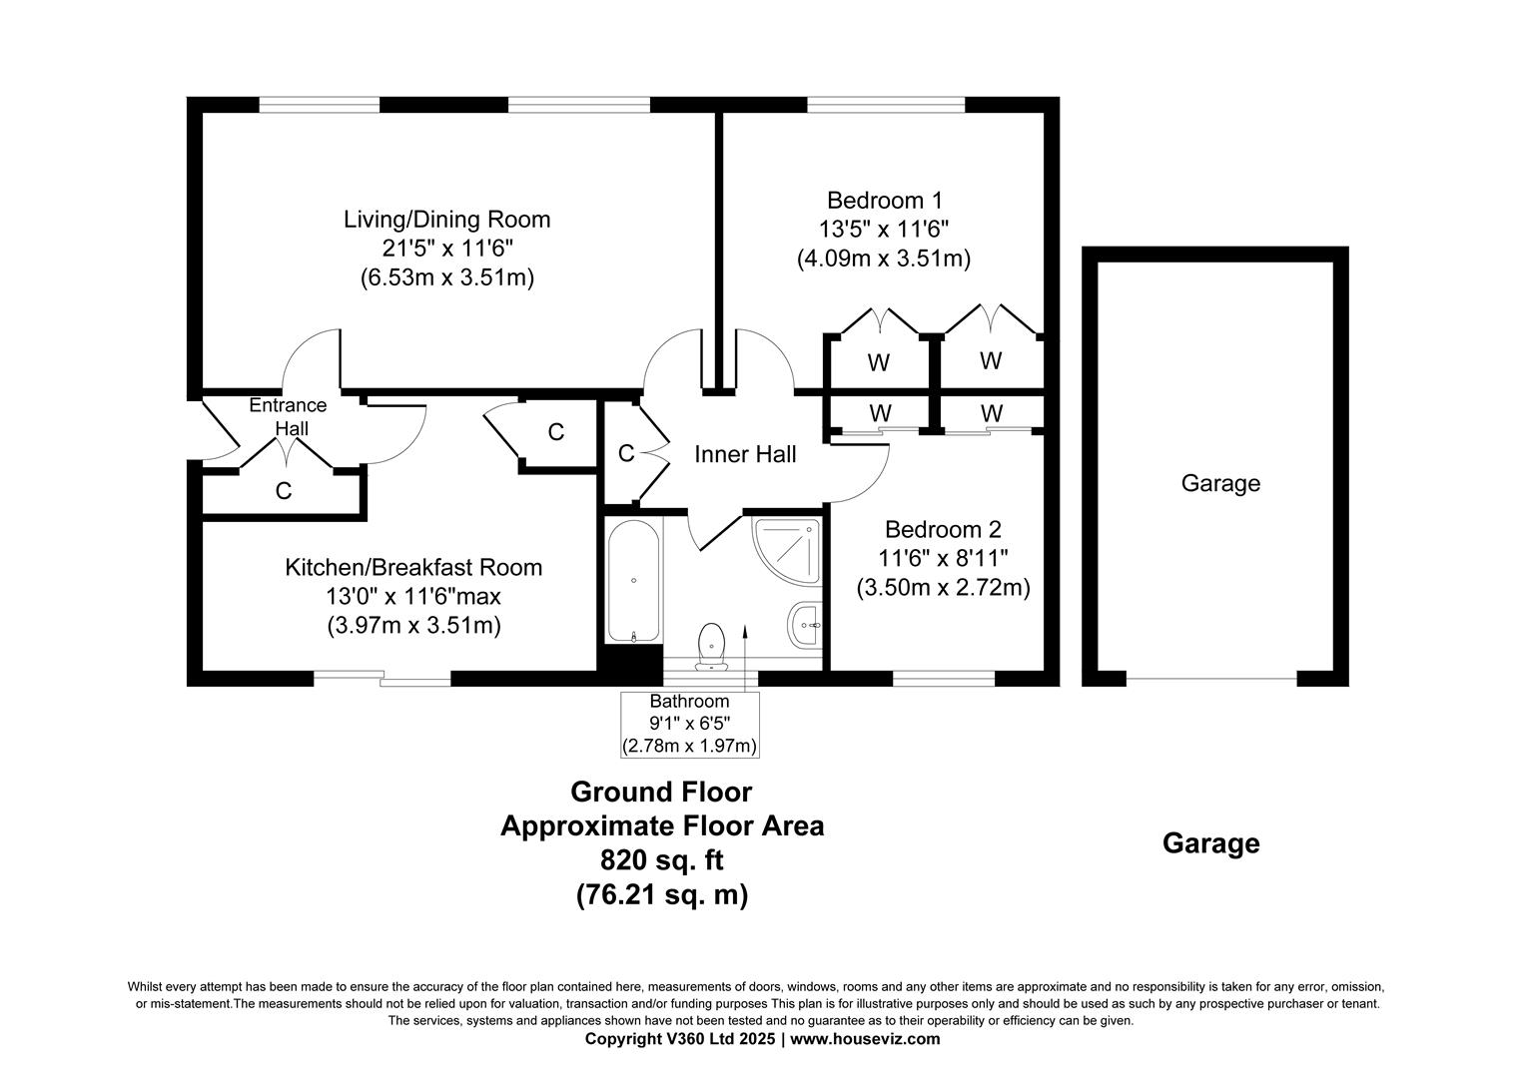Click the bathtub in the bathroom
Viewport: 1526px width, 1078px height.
633,581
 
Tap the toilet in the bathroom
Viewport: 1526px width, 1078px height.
712,646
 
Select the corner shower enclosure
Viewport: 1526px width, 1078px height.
787,550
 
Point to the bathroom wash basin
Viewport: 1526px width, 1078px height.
805,625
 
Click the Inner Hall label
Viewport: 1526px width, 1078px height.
745,454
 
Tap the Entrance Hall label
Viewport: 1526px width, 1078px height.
289,416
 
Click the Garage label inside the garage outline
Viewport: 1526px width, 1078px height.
1220,483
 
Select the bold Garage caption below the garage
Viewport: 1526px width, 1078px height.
1211,843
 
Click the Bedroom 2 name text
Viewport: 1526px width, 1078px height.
943,529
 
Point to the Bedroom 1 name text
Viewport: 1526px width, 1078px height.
885,201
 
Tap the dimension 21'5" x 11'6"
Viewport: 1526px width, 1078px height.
446,249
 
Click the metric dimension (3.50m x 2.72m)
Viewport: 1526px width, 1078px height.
943,587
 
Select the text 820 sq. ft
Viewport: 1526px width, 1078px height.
661,860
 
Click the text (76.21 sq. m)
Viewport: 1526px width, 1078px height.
662,894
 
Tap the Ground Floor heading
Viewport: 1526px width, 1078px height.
661,792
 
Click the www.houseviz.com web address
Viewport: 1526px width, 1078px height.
865,1039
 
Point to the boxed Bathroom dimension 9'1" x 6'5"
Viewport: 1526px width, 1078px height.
689,724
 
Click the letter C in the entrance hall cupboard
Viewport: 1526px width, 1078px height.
284,491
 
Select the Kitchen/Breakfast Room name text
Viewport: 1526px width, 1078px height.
413,567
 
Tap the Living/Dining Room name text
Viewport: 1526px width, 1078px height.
446,220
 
